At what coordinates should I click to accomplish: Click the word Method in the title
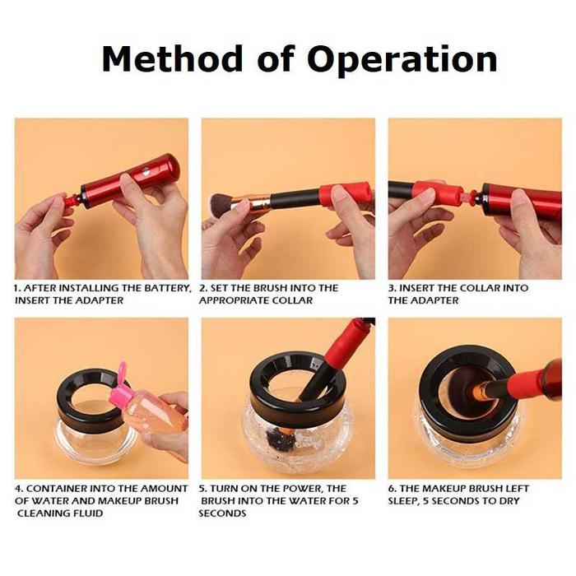coord(172,58)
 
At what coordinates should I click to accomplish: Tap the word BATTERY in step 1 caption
coord(167,288)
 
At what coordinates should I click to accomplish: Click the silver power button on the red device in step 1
coord(146,171)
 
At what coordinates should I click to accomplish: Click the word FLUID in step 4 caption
coord(87,513)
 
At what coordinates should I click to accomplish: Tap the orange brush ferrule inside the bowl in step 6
coord(478,388)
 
